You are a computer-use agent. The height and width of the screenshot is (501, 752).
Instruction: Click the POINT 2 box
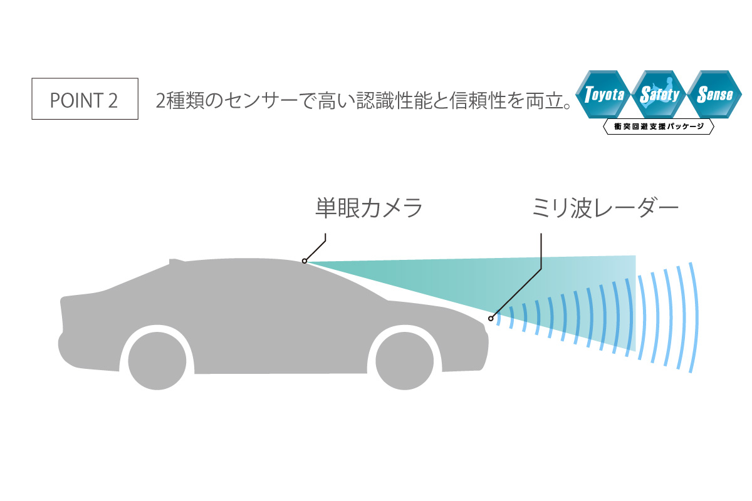pos(85,99)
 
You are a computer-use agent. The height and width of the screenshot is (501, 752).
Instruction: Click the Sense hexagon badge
pos(715,95)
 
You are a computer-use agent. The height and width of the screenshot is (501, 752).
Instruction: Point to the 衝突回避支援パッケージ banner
pos(659,127)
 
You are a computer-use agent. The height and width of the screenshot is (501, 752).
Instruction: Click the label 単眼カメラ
pos(369,208)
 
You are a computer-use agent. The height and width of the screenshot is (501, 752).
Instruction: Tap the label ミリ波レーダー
pos(605,208)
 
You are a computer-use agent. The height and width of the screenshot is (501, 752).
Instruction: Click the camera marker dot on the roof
pos(304,261)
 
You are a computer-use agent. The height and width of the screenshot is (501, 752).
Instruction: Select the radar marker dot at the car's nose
pos(491,319)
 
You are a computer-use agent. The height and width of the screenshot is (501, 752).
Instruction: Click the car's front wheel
pos(404,361)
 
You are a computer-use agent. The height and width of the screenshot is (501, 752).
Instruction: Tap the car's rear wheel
pos(157,361)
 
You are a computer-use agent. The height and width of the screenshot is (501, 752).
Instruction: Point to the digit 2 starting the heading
pos(161,101)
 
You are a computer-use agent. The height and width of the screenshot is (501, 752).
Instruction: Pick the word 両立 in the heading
pos(545,100)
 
